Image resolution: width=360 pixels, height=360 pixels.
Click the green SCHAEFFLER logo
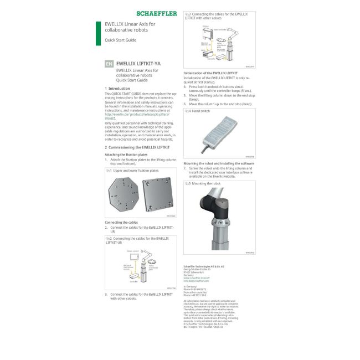157,13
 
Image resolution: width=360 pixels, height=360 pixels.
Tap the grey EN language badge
109,64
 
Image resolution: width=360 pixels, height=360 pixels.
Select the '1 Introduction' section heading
117,89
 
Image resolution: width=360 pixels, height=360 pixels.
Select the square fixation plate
160,194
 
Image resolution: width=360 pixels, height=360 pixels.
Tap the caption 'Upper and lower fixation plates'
136,171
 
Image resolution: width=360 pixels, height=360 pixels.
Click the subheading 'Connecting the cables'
121,222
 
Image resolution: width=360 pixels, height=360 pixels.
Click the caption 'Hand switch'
202,111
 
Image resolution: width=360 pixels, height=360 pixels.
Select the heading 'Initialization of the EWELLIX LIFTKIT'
210,73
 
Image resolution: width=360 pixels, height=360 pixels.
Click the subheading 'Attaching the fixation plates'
126,154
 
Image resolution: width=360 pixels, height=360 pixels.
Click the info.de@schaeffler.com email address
196,281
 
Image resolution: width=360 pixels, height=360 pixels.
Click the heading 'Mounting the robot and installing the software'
219,163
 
